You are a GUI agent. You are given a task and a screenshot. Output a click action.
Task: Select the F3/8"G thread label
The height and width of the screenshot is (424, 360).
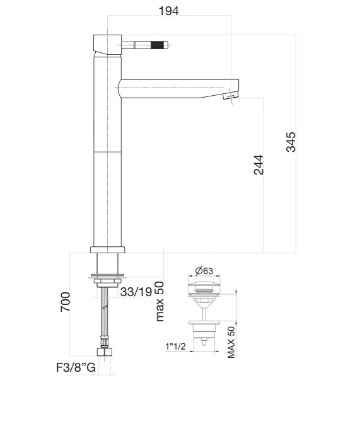point(74,368)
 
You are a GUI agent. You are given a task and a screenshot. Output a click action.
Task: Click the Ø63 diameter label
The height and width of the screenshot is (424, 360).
point(204,271)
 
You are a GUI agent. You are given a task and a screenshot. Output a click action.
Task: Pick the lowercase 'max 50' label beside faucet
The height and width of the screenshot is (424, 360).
point(159,301)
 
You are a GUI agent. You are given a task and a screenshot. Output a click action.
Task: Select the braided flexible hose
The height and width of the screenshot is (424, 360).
point(105,318)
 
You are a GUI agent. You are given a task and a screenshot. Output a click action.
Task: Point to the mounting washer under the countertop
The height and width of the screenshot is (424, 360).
point(108,276)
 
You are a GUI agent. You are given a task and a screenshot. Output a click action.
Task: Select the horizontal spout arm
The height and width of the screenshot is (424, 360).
point(177,87)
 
